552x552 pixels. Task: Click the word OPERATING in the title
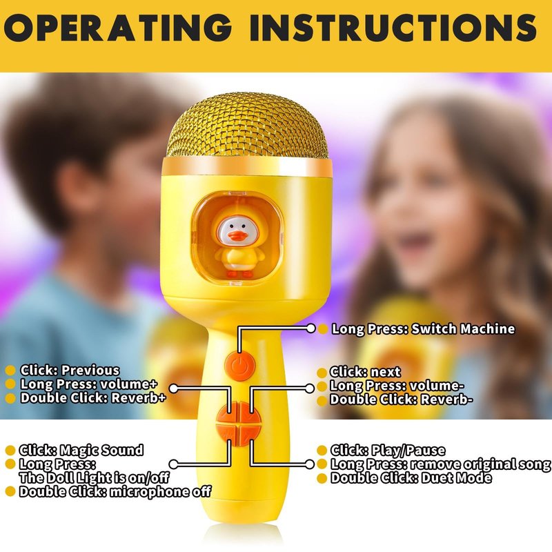117,28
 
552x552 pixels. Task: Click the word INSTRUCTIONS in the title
393,28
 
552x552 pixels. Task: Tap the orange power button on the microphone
239,366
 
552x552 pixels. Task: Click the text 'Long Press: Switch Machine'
423,329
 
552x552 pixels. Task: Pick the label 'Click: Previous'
70,371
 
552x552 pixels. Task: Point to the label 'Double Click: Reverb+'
93,398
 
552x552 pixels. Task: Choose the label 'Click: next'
365,372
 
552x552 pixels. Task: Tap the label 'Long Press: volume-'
397,386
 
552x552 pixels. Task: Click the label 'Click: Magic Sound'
81,451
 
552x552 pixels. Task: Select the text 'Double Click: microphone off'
115,491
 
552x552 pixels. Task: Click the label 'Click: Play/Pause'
388,451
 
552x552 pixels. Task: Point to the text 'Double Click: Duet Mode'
411,478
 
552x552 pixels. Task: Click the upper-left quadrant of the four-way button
228,413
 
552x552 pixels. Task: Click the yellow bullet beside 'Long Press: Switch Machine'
323,329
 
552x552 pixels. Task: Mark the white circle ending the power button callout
311,328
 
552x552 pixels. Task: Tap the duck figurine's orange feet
239,273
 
